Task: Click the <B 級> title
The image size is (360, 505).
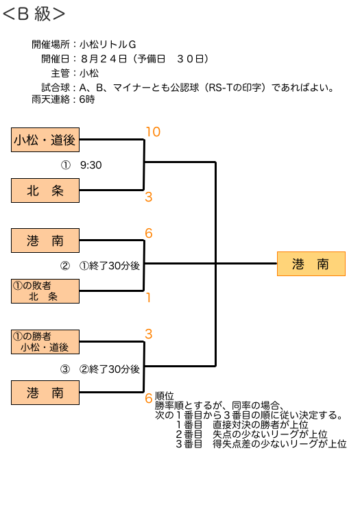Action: [x=34, y=14]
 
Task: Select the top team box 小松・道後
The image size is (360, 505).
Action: [x=45, y=140]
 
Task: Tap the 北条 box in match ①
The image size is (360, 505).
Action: [x=45, y=190]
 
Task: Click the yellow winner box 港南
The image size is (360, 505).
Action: [x=311, y=264]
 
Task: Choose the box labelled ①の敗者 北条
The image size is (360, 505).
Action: [x=45, y=291]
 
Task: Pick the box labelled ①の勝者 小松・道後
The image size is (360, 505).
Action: [x=45, y=342]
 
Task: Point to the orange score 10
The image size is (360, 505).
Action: [x=153, y=132]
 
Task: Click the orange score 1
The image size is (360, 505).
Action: [x=149, y=297]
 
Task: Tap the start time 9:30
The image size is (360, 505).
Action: [x=91, y=165]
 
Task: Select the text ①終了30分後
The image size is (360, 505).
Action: [x=110, y=266]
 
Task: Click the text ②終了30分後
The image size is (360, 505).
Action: [x=110, y=369]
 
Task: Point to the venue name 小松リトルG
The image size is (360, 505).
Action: [x=108, y=44]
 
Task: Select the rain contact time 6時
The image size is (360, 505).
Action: [x=87, y=99]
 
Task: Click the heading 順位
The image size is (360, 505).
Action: [x=165, y=396]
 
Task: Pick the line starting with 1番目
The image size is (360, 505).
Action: [x=242, y=425]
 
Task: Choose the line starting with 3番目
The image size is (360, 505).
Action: [x=261, y=444]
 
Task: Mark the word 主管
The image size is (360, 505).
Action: [x=60, y=73]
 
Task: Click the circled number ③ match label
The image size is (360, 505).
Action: [x=65, y=369]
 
